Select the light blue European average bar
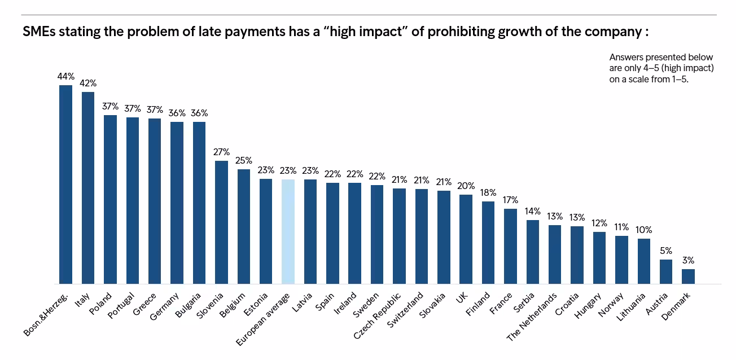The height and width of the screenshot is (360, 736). coord(288,231)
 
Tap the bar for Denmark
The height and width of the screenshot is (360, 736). coord(688,276)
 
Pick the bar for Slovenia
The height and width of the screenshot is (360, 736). coord(221,222)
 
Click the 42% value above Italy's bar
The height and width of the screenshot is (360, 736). coord(87,84)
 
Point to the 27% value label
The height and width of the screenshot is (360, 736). coord(221,152)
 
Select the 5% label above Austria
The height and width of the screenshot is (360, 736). coord(666,251)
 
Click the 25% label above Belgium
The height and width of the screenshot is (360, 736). coord(243,160)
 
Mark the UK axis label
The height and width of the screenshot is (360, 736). coord(461,297)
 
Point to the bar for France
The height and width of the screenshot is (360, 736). coord(510,246)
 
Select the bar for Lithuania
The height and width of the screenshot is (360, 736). coord(643,261)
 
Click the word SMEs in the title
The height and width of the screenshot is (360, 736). coord(38,32)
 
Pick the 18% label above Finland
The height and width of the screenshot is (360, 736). coord(488,192)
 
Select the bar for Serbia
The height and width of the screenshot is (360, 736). coord(532,252)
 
